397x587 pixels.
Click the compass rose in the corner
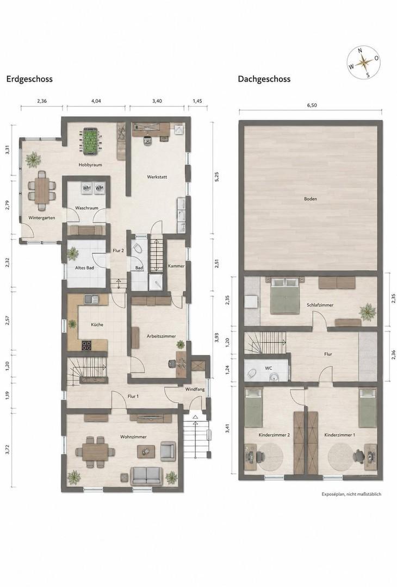[x=363, y=63]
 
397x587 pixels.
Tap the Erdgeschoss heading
[x=29, y=79]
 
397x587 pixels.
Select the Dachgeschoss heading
[x=264, y=79]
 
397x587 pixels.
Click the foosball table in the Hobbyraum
[x=89, y=141]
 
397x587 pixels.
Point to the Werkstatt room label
[x=157, y=177]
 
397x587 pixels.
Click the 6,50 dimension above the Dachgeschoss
[x=312, y=105]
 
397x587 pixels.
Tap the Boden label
[x=311, y=199]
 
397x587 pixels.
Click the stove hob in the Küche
[x=86, y=345]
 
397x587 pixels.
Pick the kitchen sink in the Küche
[x=91, y=299]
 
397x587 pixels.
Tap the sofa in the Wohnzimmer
[x=147, y=476]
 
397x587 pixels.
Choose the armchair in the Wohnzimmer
[x=168, y=451]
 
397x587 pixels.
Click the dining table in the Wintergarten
[x=41, y=190]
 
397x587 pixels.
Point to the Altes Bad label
[x=85, y=267]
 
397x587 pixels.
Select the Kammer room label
[x=176, y=266]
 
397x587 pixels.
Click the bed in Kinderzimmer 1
[x=368, y=408]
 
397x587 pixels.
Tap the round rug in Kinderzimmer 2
[x=270, y=457]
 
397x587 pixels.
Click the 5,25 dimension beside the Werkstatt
[x=216, y=177]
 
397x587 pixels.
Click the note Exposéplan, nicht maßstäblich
[x=351, y=494]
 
